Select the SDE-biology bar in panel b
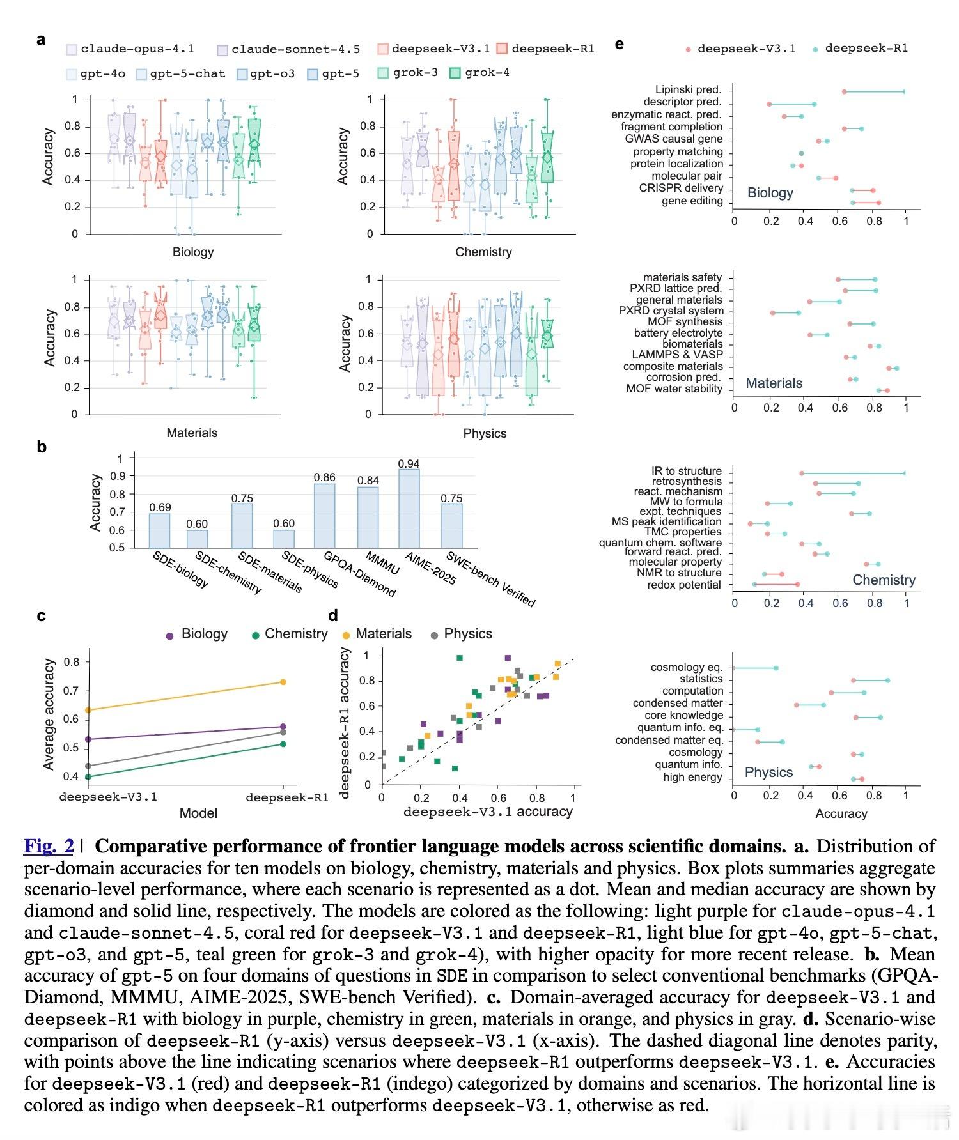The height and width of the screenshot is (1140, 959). tap(160, 530)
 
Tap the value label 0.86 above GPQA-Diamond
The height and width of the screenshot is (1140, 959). tap(324, 477)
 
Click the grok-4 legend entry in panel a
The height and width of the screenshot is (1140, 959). tap(487, 73)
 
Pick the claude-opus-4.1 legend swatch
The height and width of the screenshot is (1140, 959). tap(72, 50)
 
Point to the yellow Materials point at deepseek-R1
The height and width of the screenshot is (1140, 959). tap(283, 682)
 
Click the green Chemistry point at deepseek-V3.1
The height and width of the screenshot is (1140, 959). tap(88, 776)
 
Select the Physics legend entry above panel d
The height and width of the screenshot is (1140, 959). tap(467, 634)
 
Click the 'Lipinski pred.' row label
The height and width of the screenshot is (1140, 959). tap(688, 90)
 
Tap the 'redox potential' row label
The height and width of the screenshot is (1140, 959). tap(684, 585)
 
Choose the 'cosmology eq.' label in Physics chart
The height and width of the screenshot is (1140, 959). tap(687, 668)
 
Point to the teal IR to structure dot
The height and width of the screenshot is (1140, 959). tap(904, 474)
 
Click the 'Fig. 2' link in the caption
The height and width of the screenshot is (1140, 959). tap(49, 847)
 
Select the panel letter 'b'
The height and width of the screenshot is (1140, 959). tap(42, 447)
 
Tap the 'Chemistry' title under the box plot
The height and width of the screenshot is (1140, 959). tap(483, 252)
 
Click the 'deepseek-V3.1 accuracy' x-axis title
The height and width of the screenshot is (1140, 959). tap(488, 812)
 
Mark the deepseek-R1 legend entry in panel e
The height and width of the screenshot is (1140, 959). tap(866, 49)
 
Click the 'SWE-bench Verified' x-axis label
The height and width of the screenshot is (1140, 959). tap(490, 578)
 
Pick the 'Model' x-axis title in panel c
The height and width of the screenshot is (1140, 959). tap(198, 813)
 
